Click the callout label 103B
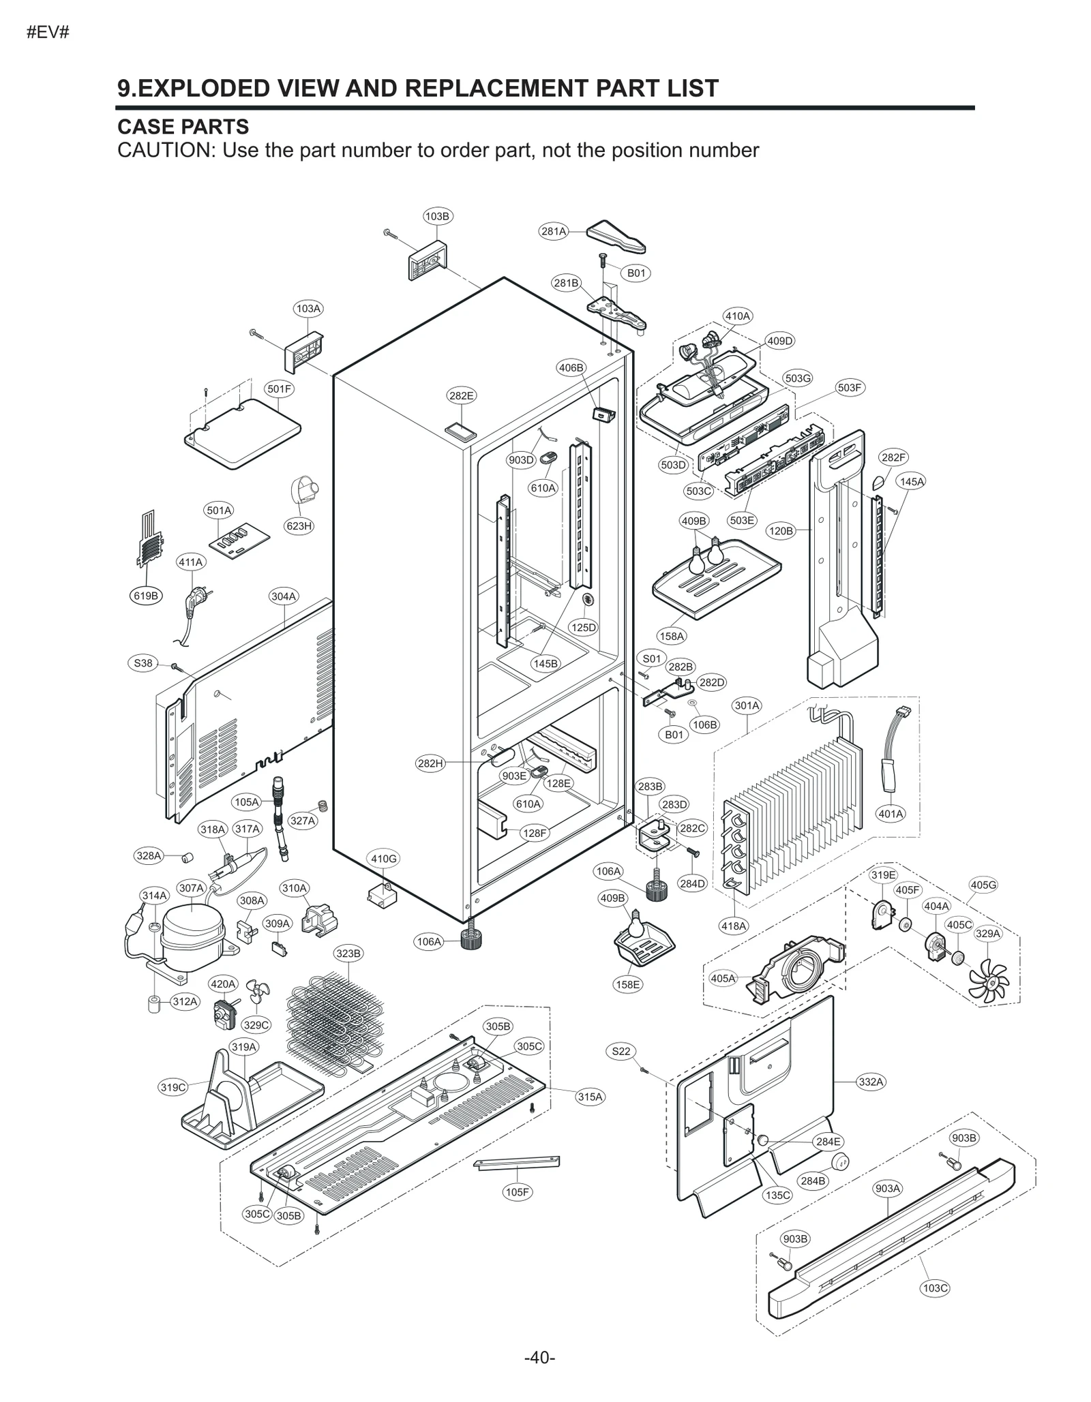click(x=437, y=216)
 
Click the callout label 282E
click(x=462, y=395)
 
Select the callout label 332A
click(x=871, y=1082)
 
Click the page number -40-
click(x=539, y=1357)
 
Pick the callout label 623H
click(x=299, y=525)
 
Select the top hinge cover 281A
click(x=616, y=236)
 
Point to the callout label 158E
click(x=627, y=984)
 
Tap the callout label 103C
click(x=935, y=1288)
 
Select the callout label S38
click(x=143, y=663)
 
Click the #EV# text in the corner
click(x=48, y=32)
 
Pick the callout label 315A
click(x=591, y=1097)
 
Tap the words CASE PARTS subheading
click(x=183, y=127)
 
